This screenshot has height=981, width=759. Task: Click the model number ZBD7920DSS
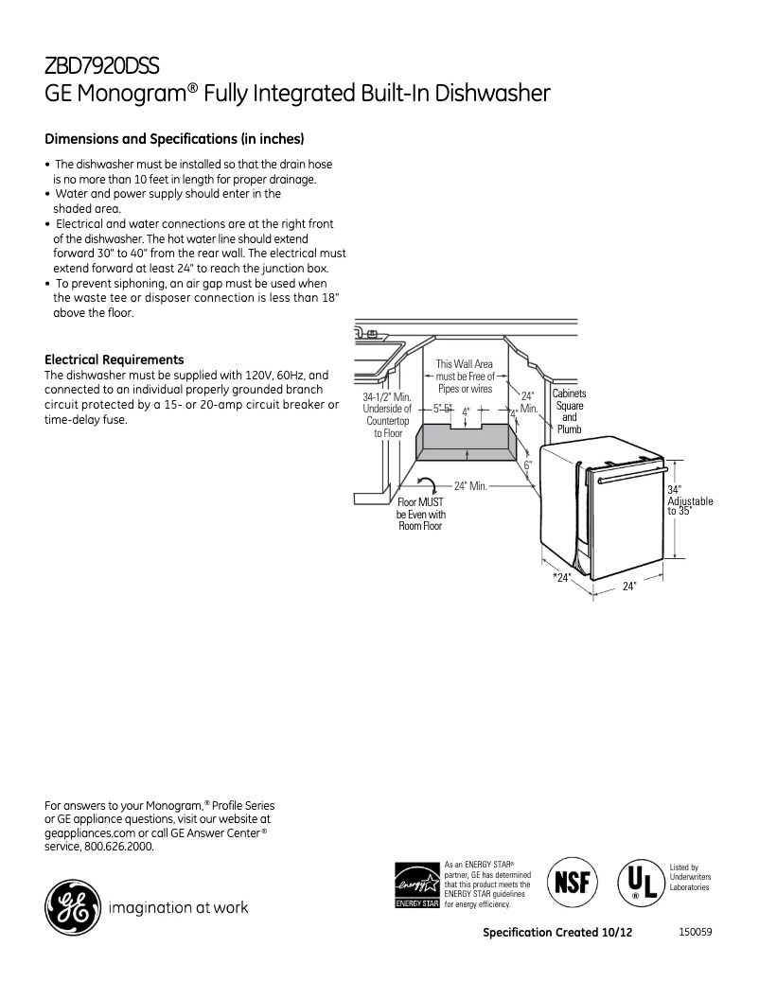coord(102,65)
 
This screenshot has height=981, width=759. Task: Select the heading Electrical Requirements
coord(115,359)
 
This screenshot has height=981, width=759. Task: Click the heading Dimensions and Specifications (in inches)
coord(174,138)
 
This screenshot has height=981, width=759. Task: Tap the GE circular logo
coord(71,907)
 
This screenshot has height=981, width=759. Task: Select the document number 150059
coord(695,932)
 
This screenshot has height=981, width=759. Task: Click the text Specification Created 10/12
coord(556,933)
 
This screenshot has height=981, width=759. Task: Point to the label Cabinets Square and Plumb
coord(569,412)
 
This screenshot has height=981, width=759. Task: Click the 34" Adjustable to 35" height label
coord(689,500)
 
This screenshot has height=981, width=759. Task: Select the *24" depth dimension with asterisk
coord(561,577)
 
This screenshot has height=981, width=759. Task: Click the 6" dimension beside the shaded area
coord(528,464)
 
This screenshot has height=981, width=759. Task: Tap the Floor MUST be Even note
coord(420,514)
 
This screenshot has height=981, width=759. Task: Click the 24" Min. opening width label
coord(469,486)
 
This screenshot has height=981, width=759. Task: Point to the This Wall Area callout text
coord(464,377)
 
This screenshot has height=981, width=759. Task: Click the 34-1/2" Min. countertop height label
coord(387,414)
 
